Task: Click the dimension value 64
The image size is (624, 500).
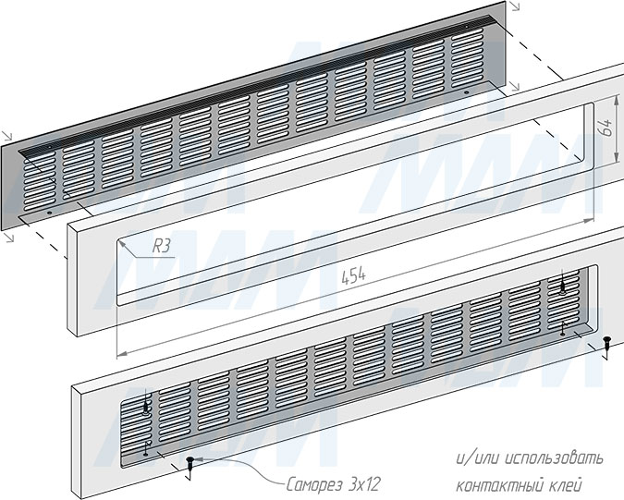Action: (606, 128)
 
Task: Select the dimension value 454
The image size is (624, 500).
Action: (353, 275)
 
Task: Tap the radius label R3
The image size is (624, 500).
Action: (162, 246)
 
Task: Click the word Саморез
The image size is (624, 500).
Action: (314, 485)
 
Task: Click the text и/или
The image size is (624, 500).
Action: (478, 458)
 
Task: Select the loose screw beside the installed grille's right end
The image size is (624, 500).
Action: (606, 344)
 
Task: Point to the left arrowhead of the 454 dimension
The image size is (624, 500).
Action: (121, 353)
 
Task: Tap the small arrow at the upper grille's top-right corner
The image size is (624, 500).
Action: (515, 6)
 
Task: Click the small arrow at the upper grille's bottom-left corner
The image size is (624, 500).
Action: (9, 238)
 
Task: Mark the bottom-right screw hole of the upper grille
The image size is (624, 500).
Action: (467, 92)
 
